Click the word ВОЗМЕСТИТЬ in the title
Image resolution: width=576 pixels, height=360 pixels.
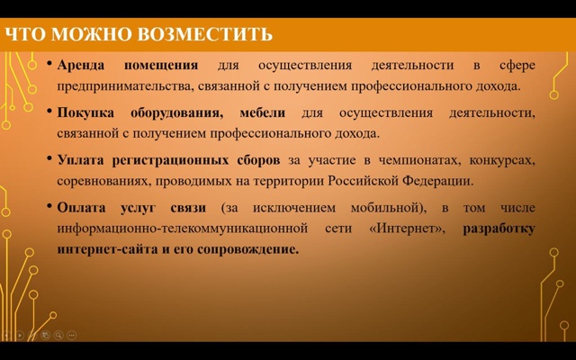205,34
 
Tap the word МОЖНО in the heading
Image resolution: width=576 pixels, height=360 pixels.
91,34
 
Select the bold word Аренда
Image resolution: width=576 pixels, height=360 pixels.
80,66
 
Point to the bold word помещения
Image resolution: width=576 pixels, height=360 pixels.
161,66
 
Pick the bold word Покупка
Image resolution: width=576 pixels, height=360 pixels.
85,112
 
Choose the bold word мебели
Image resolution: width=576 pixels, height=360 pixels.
262,112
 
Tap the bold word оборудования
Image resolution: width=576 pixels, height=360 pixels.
176,113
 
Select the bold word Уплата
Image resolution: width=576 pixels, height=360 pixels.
80,160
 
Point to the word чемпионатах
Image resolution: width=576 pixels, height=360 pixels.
419,160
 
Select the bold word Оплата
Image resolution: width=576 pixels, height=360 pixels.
81,208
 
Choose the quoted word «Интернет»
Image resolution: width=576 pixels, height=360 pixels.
407,229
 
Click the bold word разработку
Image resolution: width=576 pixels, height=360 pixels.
499,229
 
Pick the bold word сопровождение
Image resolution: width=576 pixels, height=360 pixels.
248,250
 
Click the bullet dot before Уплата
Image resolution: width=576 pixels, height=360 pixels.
49,158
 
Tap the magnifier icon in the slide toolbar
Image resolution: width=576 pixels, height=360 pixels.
58,335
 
